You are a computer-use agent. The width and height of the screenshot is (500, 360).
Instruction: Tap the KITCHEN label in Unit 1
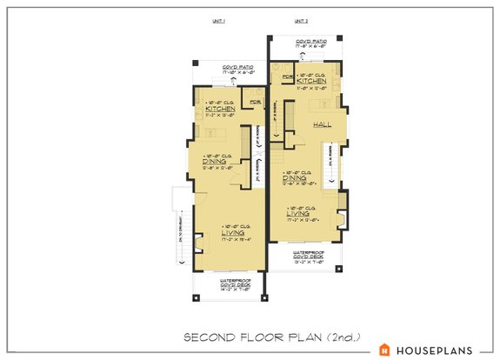click(220, 110)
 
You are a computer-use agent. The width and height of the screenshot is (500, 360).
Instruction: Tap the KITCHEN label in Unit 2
click(310, 80)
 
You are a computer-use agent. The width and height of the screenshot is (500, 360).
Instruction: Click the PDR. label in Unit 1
click(254, 103)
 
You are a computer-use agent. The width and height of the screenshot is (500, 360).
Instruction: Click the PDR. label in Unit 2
click(286, 77)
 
